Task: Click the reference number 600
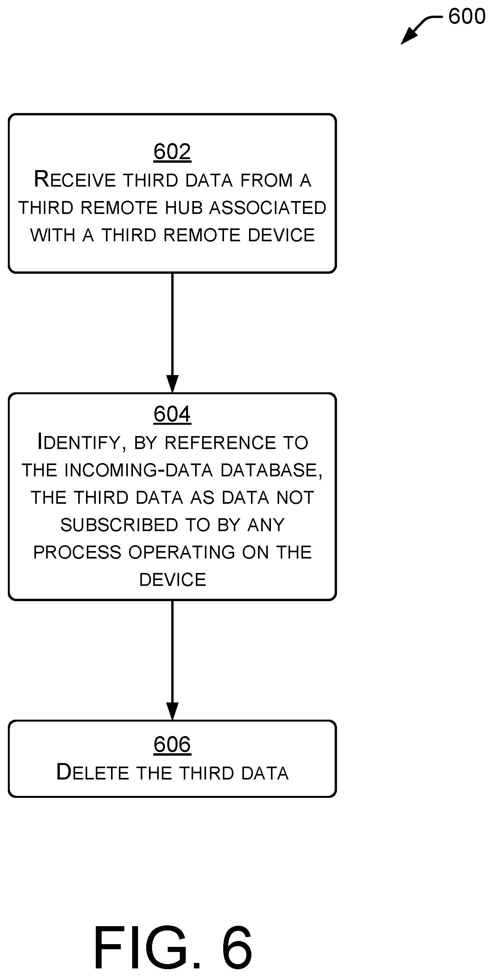click(x=466, y=16)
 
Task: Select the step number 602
click(x=172, y=152)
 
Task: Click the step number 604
click(x=172, y=414)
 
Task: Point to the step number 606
click(x=172, y=744)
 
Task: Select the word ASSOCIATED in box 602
click(x=268, y=208)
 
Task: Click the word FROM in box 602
click(x=266, y=180)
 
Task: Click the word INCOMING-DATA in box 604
click(x=138, y=470)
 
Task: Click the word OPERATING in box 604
click(x=181, y=552)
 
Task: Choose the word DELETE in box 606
click(x=93, y=772)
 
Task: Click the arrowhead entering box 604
click(x=172, y=384)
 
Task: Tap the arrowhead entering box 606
click(x=172, y=711)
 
